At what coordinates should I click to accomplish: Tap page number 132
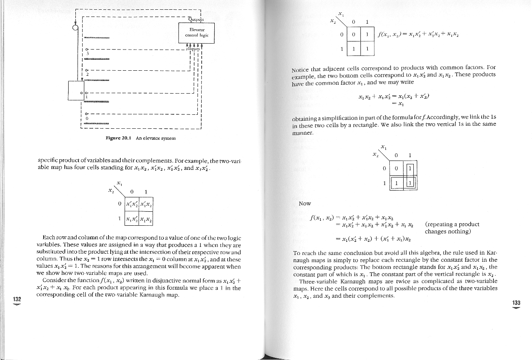pos(17,299)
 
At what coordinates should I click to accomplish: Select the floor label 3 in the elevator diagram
pos(86,53)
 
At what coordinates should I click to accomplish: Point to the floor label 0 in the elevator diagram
pos(86,118)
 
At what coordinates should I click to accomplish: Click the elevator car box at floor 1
pos(76,90)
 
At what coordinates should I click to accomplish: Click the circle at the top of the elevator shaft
pos(75,28)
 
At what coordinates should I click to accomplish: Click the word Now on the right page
pos(305,204)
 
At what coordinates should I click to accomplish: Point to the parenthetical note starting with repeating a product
pos(452,227)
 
